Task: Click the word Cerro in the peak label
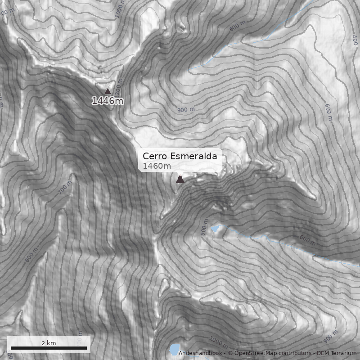[x=155, y=156]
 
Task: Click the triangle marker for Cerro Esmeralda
[x=180, y=180]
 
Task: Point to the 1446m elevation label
[x=107, y=101]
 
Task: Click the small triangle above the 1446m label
[x=108, y=91]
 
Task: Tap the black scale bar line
[x=49, y=348]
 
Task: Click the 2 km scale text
[x=49, y=342]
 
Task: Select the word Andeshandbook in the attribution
[x=200, y=353]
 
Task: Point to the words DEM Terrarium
[x=337, y=353]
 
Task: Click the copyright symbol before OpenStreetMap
[x=230, y=353]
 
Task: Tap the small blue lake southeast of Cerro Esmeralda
[x=215, y=229]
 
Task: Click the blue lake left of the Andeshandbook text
[x=173, y=349]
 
